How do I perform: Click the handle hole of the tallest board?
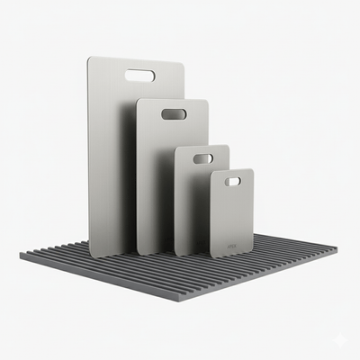tap(139, 75)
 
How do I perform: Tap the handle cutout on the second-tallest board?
tap(174, 114)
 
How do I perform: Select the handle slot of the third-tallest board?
tap(203, 158)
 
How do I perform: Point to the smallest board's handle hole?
tap(232, 181)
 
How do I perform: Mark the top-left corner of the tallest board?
tap(89, 60)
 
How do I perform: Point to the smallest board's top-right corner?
tap(252, 170)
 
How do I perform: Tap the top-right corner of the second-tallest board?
tap(207, 101)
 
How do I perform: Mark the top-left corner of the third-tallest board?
tap(176, 148)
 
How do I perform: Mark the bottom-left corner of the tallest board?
tap(90, 255)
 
